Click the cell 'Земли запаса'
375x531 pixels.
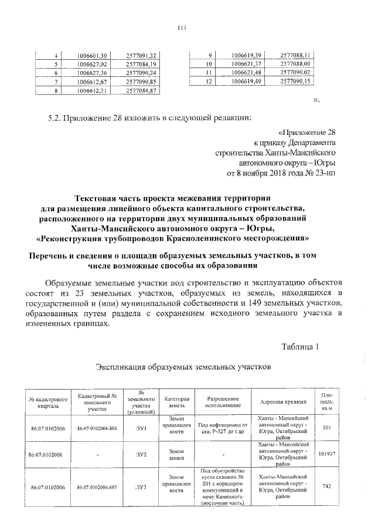pyautogui.click(x=176, y=454)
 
